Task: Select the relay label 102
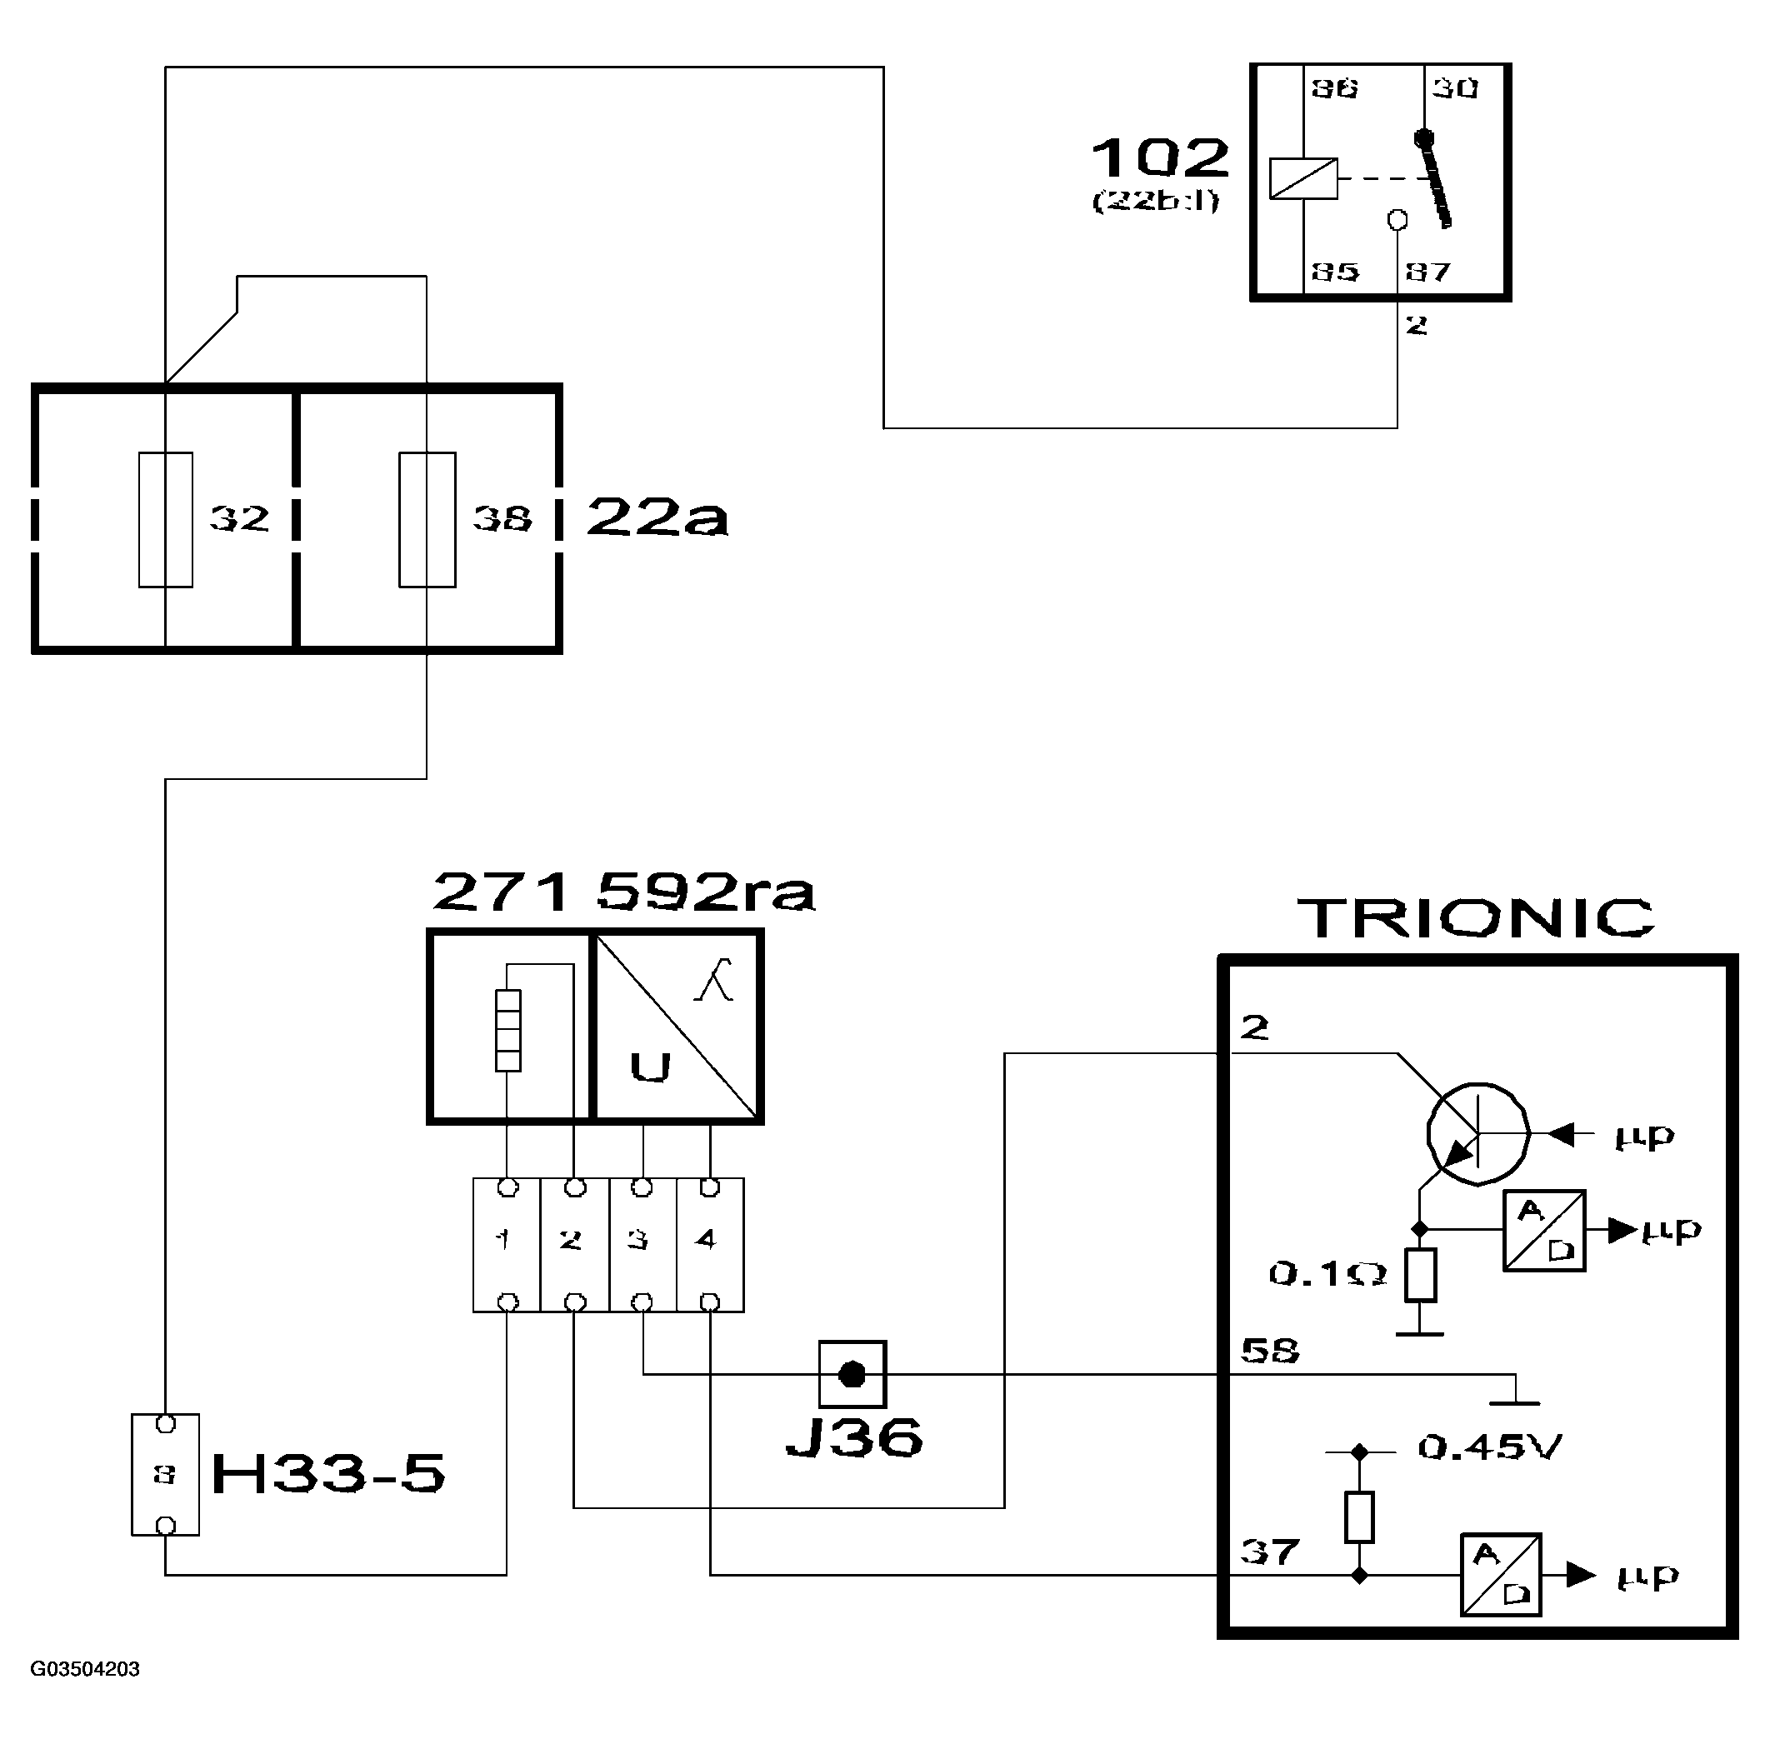pos(1160,159)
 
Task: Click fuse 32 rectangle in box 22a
pos(165,519)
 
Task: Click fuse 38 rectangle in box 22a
pos(427,519)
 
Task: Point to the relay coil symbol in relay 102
pos(1303,178)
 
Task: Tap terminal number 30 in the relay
pos(1454,88)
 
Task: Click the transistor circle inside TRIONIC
pos(1477,1133)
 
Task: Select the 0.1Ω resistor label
pos(1327,1274)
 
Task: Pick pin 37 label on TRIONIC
pos(1268,1551)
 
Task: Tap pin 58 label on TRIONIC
pos(1268,1350)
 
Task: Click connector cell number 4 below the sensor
pos(710,1244)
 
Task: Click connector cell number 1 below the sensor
pos(506,1244)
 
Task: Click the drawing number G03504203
pos(85,1670)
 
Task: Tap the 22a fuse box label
pos(657,517)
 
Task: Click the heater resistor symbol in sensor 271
pos(507,1030)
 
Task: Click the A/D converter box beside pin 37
pos(1501,1575)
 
